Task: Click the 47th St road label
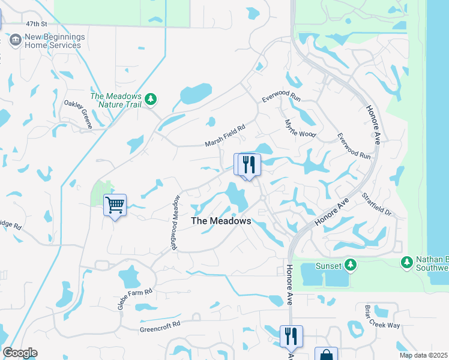point(36,24)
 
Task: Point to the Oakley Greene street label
point(79,114)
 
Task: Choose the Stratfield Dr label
point(376,205)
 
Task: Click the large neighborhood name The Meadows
point(221,221)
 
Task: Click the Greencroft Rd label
point(160,326)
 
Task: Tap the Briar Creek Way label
point(382,316)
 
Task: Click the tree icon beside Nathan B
point(407,262)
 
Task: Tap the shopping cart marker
point(115,205)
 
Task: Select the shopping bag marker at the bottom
point(326,355)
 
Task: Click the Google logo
point(20,353)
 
